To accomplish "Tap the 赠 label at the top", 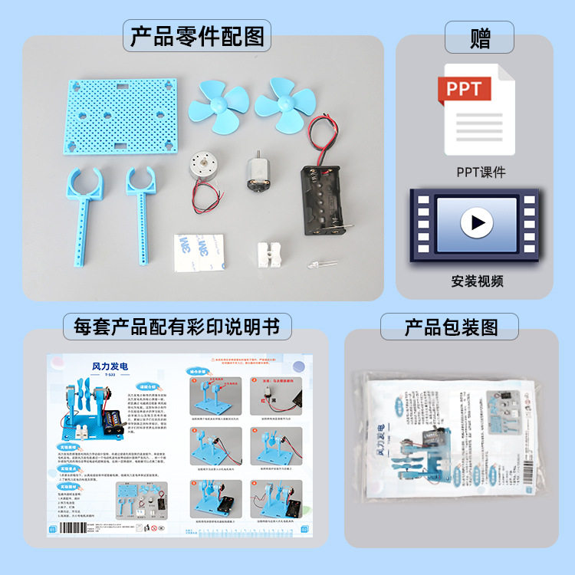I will click(x=481, y=36).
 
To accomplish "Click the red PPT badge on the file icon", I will click(x=465, y=90).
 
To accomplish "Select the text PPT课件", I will click(x=481, y=172).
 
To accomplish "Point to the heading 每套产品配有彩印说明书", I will click(x=177, y=327).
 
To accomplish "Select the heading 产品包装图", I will click(x=451, y=327).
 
